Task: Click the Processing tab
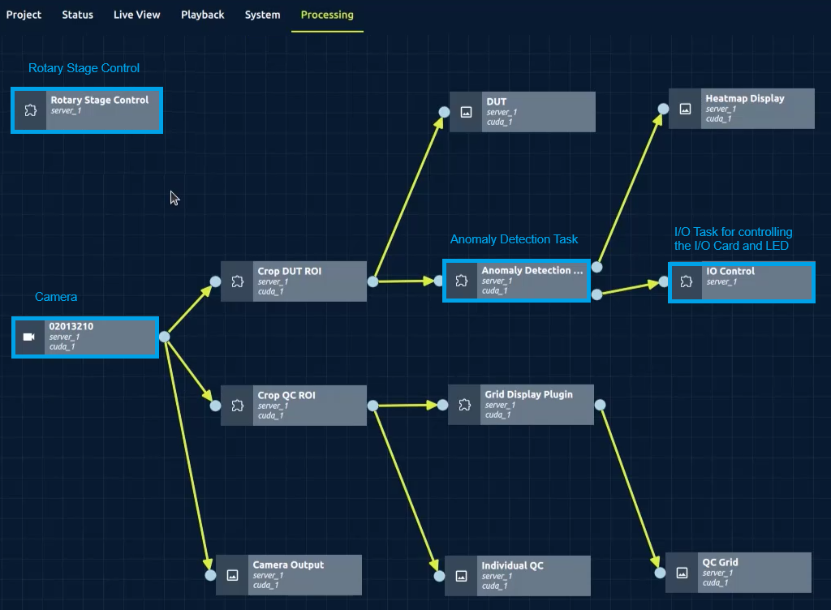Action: [x=327, y=15]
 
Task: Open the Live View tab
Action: [x=136, y=15]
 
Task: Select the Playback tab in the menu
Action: [x=202, y=15]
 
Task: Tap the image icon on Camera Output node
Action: [x=233, y=575]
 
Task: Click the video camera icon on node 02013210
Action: [x=29, y=337]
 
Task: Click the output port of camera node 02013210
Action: [x=164, y=337]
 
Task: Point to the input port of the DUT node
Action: [x=444, y=113]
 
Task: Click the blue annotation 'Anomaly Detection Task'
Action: [x=514, y=239]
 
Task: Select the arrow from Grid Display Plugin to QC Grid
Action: [x=629, y=487]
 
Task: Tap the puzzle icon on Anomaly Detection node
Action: [x=461, y=281]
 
